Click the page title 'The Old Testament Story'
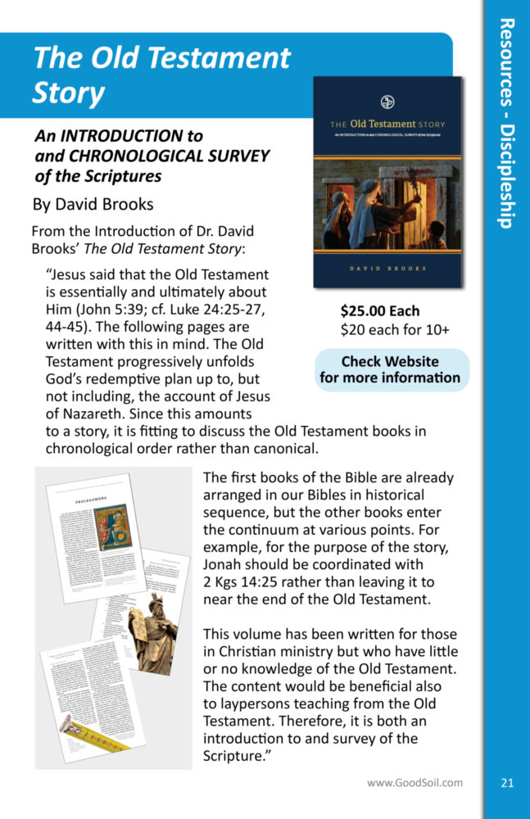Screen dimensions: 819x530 (x=161, y=76)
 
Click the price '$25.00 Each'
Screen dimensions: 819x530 (x=380, y=311)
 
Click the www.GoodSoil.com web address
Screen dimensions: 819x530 (x=414, y=782)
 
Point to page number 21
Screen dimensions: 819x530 (x=506, y=783)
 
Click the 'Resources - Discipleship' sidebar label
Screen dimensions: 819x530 (x=506, y=123)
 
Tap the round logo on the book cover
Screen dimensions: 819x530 (x=388, y=102)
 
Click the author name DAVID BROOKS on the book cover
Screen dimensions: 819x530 (x=388, y=267)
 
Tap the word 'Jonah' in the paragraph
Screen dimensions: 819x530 (x=223, y=565)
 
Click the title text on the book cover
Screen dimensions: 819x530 (x=388, y=124)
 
